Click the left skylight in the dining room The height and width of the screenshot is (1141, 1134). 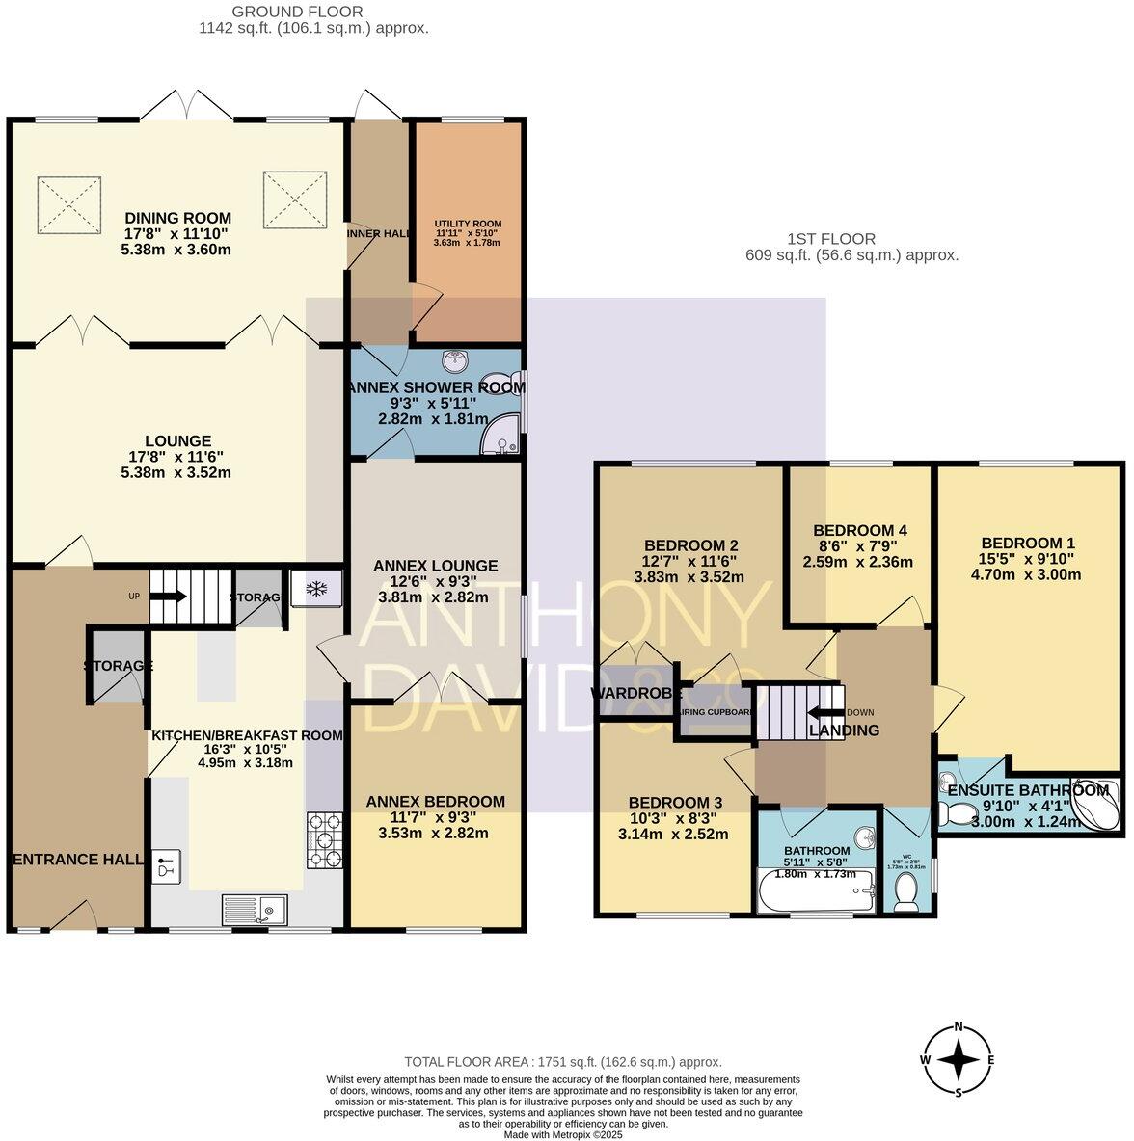tap(67, 202)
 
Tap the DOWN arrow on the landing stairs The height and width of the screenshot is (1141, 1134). tap(825, 713)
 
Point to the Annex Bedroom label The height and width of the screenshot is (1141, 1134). tap(436, 802)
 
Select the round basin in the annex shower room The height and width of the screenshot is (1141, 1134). tap(454, 361)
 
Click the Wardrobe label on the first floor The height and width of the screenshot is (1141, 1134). tap(636, 693)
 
